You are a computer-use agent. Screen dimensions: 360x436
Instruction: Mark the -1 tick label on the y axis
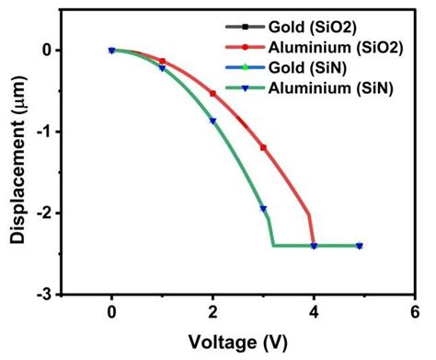click(49, 132)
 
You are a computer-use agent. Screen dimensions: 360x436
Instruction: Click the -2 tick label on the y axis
click(49, 213)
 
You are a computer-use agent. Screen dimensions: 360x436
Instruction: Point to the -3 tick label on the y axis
click(49, 295)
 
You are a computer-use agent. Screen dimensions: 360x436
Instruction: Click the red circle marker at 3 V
click(263, 147)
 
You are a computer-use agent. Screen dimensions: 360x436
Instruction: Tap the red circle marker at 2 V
click(213, 94)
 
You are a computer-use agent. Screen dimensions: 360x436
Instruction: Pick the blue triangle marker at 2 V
click(213, 121)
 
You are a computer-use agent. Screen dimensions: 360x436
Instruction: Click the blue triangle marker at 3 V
click(263, 208)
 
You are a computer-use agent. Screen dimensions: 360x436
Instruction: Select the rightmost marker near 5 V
click(359, 246)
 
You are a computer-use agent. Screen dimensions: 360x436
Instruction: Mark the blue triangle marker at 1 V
click(163, 68)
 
